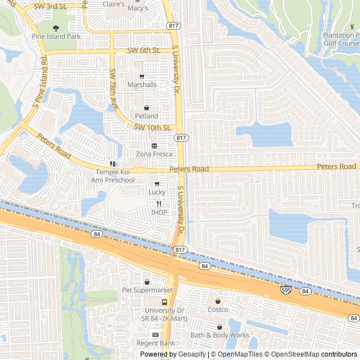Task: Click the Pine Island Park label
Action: (56, 37)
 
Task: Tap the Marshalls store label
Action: (142, 84)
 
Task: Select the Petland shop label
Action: (146, 116)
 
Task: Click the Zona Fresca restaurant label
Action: (154, 153)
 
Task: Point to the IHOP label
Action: (159, 212)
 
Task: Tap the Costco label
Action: (218, 309)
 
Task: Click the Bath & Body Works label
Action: (219, 335)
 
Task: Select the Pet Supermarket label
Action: (147, 290)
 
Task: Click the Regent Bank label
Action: (156, 343)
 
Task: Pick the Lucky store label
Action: (157, 192)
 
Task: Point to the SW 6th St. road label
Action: (144, 50)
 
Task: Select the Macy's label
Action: (138, 8)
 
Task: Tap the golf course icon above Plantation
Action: (353, 26)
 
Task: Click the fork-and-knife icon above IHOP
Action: (159, 204)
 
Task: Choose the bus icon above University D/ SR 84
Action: (164, 302)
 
